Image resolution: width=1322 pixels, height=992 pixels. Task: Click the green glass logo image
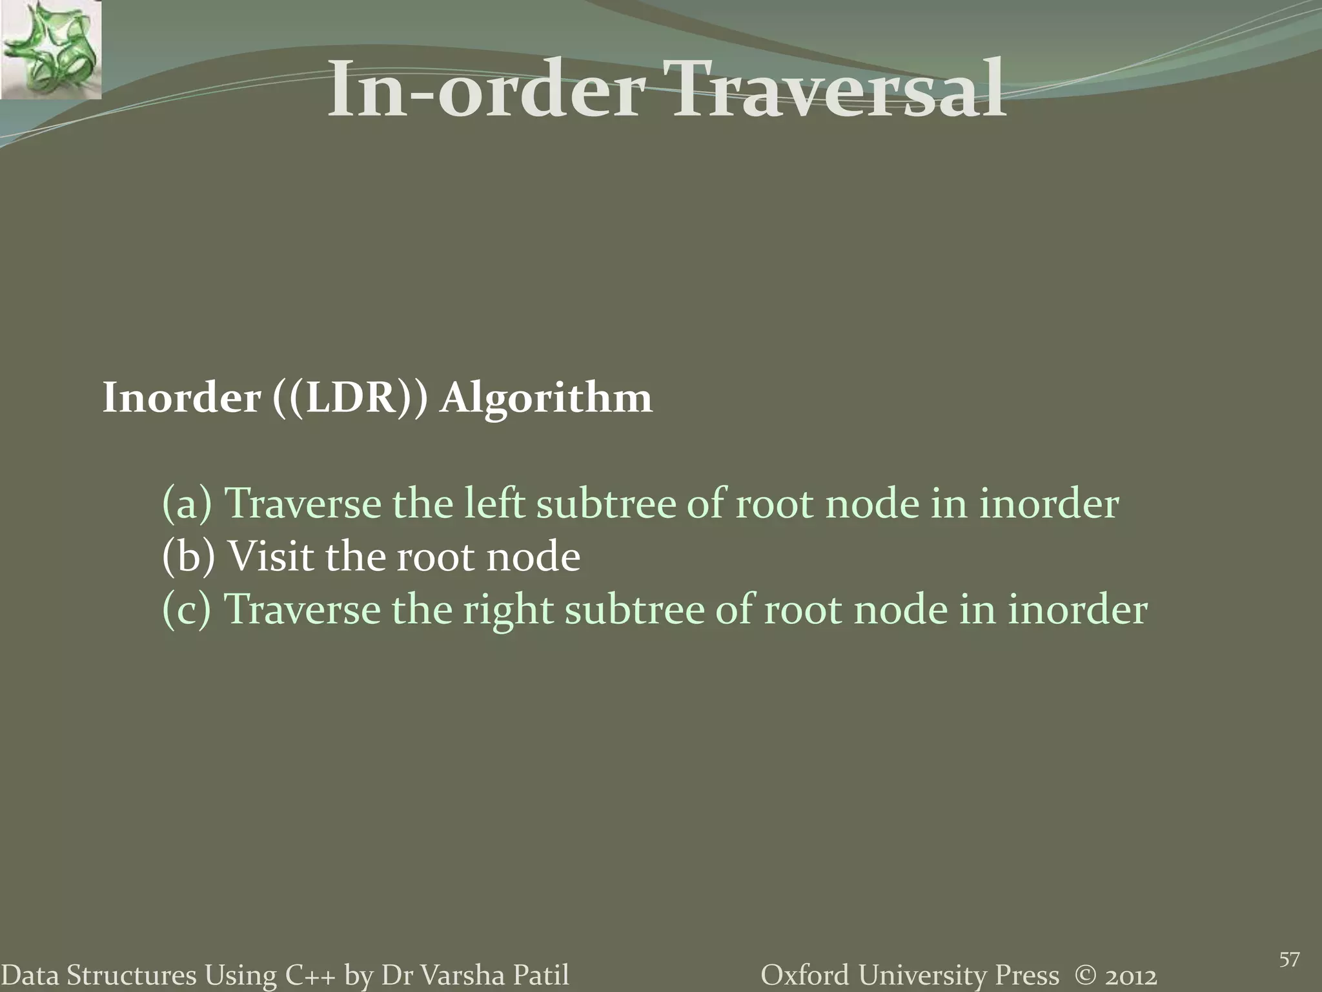(50, 50)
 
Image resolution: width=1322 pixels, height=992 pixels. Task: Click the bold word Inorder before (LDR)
(181, 397)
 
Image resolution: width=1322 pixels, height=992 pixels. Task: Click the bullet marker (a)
(187, 504)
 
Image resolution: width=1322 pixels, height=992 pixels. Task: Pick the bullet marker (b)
(188, 557)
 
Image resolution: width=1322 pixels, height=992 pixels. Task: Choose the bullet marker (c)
(187, 609)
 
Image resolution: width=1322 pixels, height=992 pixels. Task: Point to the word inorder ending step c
(1077, 609)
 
